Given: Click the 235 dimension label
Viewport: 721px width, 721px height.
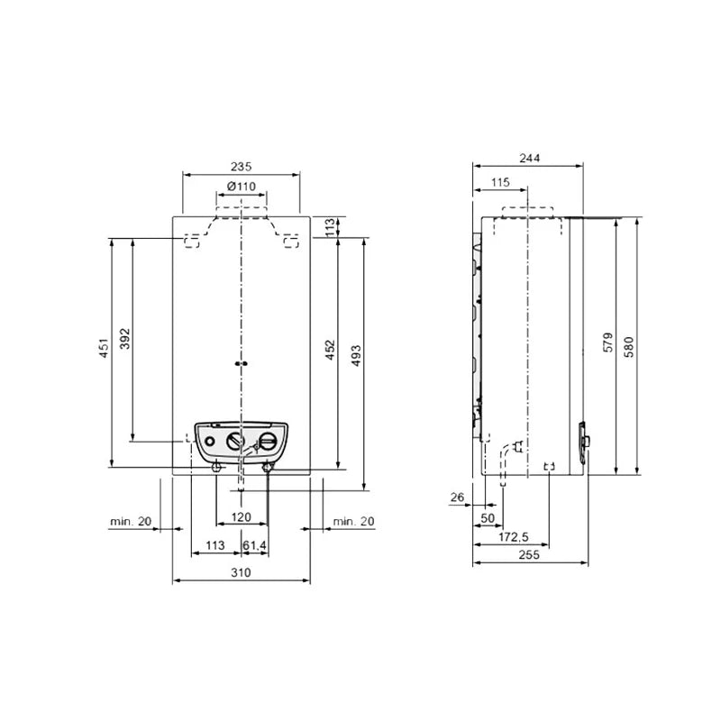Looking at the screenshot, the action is coord(241,166).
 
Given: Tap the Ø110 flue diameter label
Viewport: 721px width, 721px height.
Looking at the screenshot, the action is coord(242,187).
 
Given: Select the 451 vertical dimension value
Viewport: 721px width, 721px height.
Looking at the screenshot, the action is coord(105,348).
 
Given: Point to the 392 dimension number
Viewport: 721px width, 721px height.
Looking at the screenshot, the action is coord(125,339).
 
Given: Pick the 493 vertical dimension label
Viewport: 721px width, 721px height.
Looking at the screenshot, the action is coord(356,355).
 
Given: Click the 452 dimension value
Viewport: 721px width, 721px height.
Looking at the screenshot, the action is coord(330,350).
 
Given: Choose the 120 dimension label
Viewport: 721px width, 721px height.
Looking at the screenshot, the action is coord(241,517).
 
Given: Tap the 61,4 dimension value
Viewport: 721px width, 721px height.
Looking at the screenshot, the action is coord(254,545).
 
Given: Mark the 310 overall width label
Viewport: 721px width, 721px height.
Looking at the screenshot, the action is coord(241,572).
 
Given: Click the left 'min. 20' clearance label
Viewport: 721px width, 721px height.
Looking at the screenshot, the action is coord(131,522).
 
